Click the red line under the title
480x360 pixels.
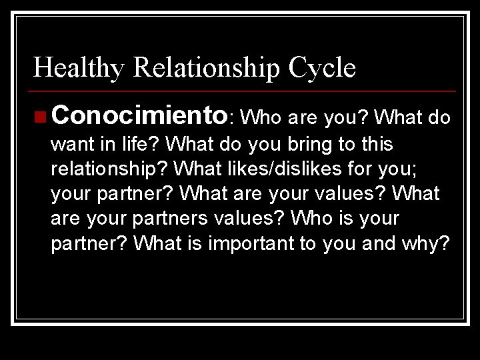243,91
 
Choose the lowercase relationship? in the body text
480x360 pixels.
107,168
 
